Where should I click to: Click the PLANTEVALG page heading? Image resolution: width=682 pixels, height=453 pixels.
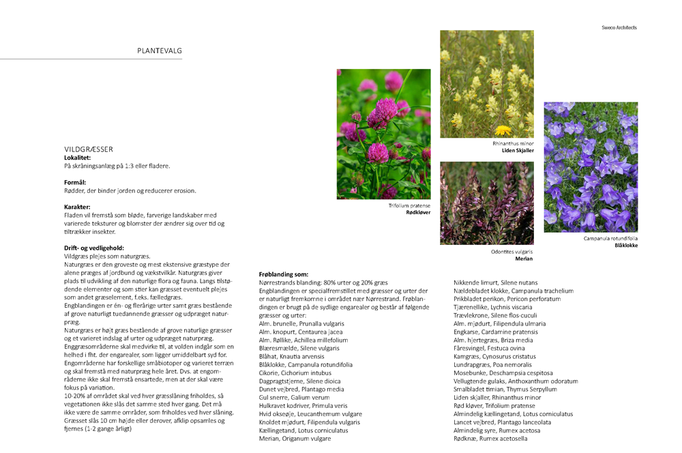160,50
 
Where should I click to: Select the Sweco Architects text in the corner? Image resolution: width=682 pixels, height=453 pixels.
618,28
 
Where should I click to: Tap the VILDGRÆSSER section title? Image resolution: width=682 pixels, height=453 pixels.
89,149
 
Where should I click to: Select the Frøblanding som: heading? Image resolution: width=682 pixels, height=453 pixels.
284,274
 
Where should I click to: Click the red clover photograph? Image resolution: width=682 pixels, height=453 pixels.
383,134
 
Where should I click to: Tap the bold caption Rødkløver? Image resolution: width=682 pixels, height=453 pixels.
418,212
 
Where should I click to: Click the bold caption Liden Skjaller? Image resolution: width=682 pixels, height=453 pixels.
518,150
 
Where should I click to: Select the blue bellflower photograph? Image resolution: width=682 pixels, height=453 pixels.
591,167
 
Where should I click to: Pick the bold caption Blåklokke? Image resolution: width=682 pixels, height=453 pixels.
626,245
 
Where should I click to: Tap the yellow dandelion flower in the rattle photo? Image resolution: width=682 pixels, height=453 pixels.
503,130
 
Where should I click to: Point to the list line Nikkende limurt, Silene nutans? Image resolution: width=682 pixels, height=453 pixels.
495,282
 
